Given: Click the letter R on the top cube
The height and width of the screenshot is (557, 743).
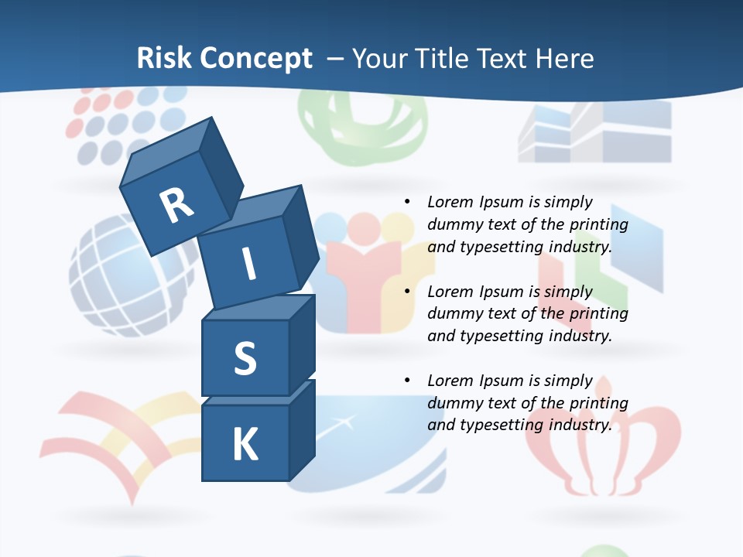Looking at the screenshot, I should [x=176, y=205].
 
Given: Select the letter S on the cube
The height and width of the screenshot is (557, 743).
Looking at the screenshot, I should [x=245, y=358].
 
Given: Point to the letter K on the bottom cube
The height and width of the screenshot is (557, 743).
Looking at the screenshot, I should [x=245, y=445].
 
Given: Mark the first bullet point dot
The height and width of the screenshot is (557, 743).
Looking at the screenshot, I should [x=407, y=202].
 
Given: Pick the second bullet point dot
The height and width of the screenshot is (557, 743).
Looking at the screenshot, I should [x=407, y=292].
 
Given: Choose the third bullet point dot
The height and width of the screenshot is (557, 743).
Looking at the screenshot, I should [x=407, y=381].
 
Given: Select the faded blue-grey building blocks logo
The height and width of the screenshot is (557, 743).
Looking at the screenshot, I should [x=594, y=132].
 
